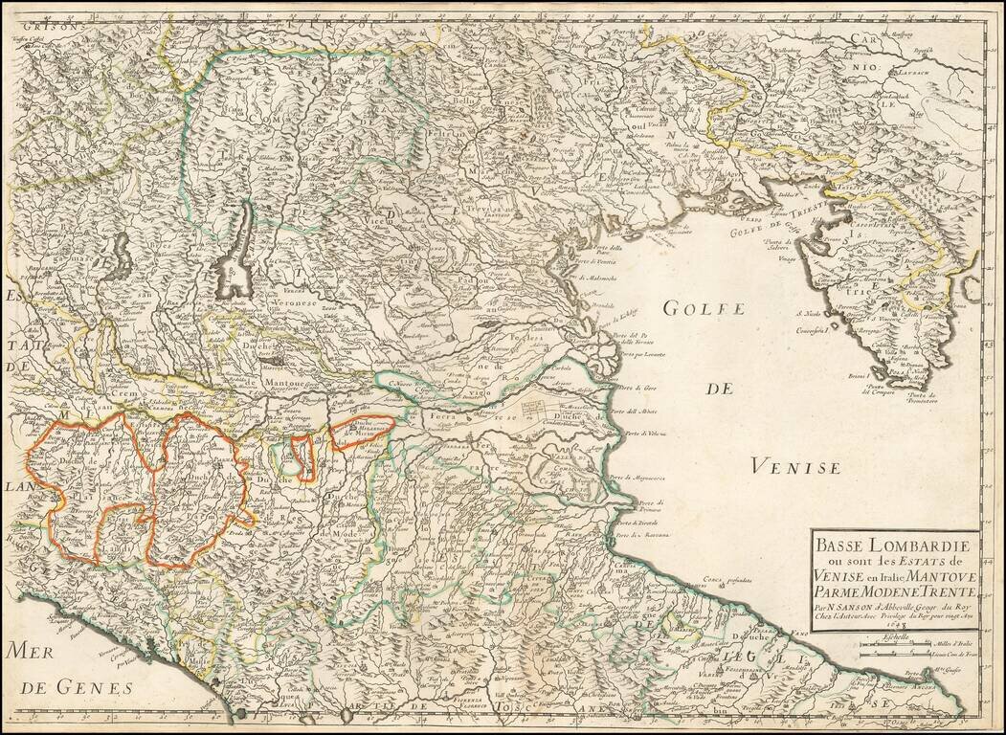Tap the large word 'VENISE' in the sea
[794, 467]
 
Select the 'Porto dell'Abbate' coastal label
[647, 412]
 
